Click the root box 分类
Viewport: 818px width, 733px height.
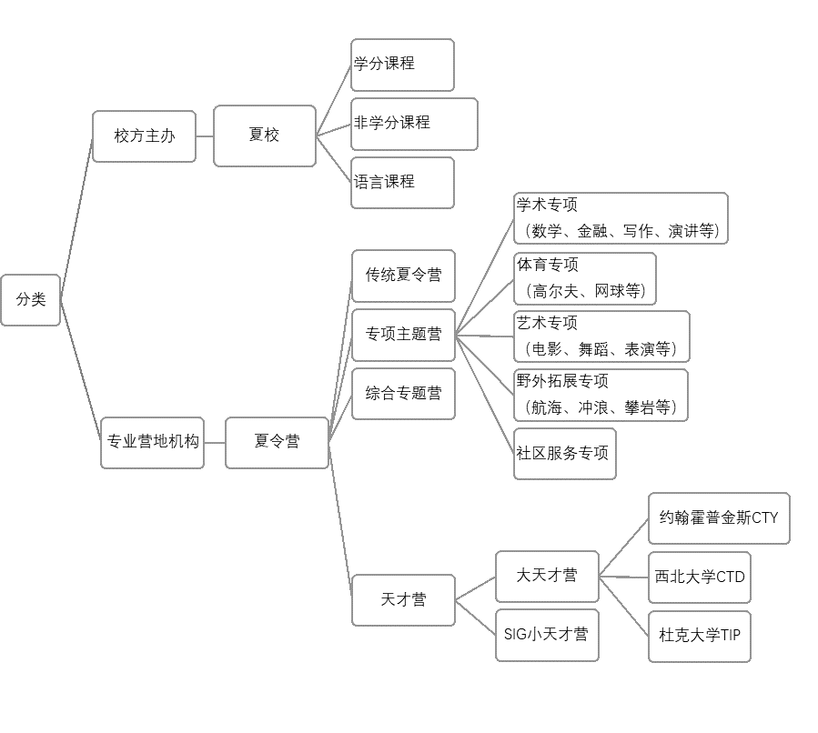coord(30,299)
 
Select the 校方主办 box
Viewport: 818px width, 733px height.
coord(144,136)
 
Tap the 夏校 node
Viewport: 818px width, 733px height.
coord(265,136)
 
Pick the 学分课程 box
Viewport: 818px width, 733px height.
coord(402,65)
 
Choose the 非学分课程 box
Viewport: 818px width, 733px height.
coord(414,124)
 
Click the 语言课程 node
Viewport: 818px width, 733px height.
coord(402,182)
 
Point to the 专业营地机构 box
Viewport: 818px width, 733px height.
coord(152,442)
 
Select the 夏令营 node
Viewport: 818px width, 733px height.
coord(277,442)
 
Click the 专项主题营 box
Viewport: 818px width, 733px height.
coord(403,335)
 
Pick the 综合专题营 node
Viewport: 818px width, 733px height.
coord(403,394)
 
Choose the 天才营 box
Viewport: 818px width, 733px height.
coord(403,600)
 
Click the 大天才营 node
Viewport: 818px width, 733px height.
coord(547,576)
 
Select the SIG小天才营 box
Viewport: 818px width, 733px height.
coord(546,635)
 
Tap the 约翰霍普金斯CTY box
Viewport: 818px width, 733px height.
coord(719,518)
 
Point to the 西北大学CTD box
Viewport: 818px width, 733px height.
coord(699,577)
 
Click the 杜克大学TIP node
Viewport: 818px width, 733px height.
coord(699,636)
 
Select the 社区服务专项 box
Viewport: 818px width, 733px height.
coord(564,453)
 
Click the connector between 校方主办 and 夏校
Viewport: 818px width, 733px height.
coord(205,136)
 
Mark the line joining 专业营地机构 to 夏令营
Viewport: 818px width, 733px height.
coord(215,442)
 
